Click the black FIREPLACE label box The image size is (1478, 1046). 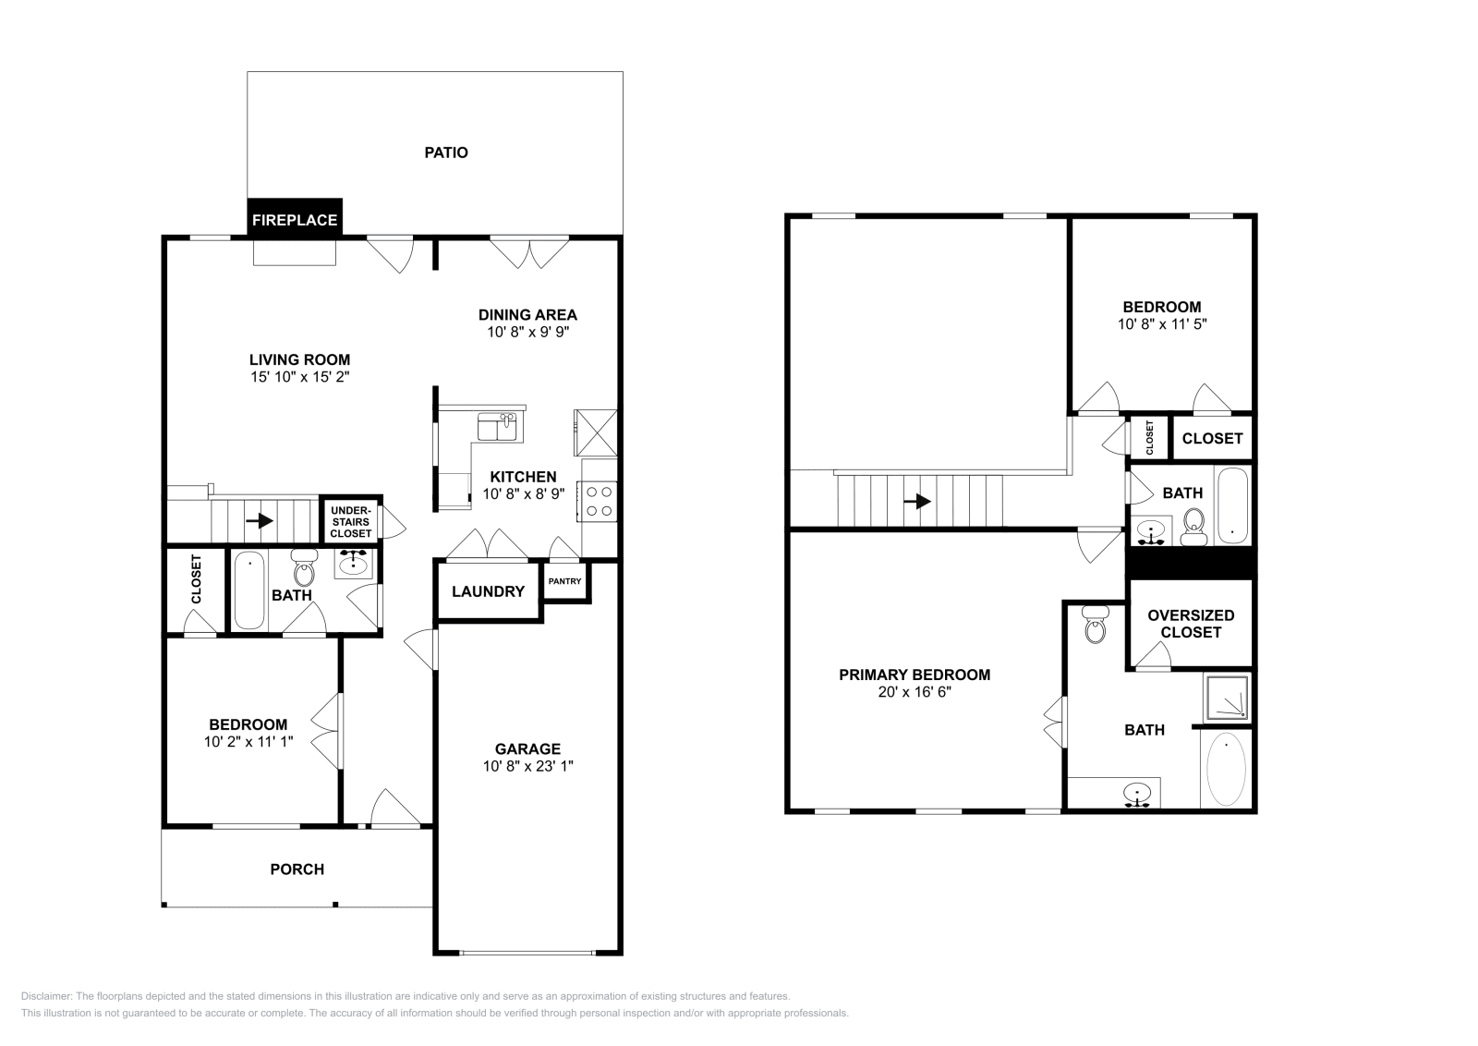tap(295, 220)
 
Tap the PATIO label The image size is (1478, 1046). tap(446, 152)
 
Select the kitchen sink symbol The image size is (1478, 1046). tap(498, 426)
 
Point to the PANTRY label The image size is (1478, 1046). tap(564, 581)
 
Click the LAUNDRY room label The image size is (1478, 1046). tap(488, 591)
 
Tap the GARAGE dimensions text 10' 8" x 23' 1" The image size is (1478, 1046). tap(527, 766)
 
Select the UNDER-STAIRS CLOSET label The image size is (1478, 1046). tap(350, 522)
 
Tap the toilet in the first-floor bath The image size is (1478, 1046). tap(303, 566)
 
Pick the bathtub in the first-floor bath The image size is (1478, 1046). tap(248, 590)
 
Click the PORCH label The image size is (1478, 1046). tap(297, 869)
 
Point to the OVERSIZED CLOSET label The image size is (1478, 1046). tap(1191, 624)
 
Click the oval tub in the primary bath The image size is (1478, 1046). tap(1226, 769)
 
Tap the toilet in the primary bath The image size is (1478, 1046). tap(1095, 626)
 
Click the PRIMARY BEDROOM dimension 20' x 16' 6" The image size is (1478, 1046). tap(914, 692)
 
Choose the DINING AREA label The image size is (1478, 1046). tap(527, 314)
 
